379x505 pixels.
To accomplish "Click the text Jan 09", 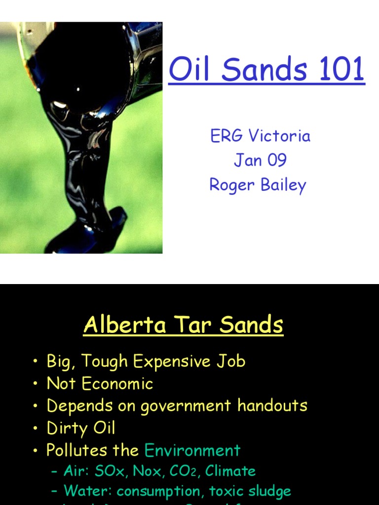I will tap(260, 160).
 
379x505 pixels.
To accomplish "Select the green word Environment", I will tap(192, 450).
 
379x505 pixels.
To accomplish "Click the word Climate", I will tap(230, 471).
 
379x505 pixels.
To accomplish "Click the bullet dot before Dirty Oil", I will tap(36, 429).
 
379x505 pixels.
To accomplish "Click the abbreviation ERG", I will tap(227, 136).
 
